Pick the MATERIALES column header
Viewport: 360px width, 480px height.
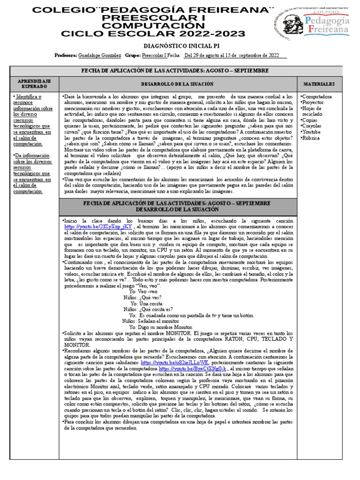tap(319, 84)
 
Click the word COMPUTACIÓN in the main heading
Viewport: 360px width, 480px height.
tap(140, 25)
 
